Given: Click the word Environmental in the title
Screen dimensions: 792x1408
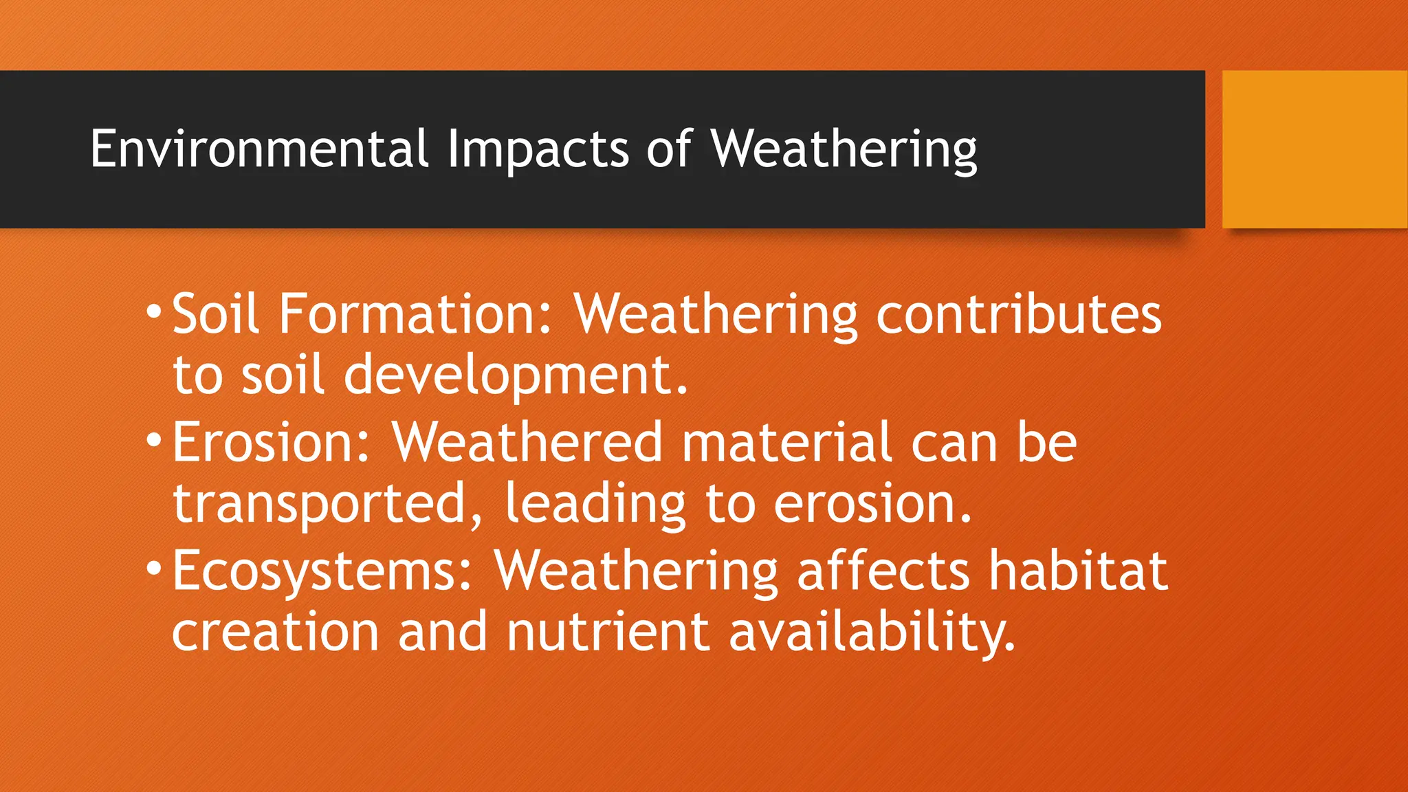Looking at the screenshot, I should (259, 148).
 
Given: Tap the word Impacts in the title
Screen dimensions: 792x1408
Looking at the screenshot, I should (538, 148).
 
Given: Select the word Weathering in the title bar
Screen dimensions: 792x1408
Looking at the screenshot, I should (844, 148).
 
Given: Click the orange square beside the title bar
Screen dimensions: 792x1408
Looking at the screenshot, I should (1314, 149).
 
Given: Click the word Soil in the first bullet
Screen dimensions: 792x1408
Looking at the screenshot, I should (216, 313).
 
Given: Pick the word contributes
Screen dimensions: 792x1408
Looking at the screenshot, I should (1018, 313).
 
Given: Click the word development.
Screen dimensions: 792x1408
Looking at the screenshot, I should (516, 375).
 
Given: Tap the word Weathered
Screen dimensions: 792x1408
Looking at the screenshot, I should (527, 442).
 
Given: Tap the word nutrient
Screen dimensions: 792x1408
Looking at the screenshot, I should (608, 632).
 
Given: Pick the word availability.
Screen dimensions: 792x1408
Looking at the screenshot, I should (872, 632).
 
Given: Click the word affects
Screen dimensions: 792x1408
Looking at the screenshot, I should (883, 571).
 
